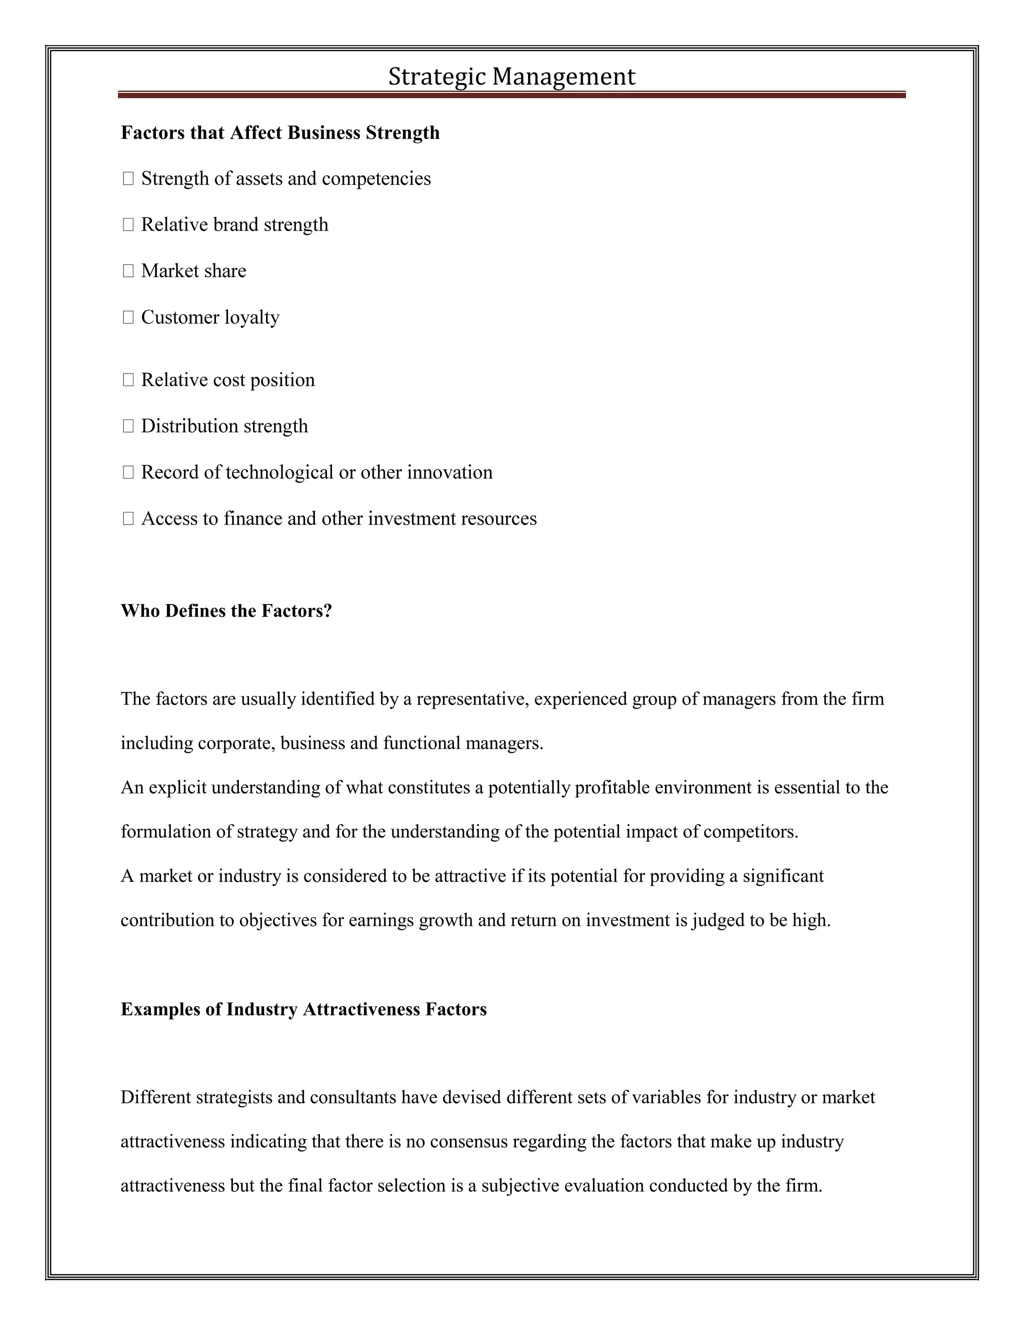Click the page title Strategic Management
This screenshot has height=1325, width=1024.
pos(511,77)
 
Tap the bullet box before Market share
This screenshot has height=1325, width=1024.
pos(128,271)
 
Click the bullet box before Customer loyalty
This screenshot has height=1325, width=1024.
pos(128,317)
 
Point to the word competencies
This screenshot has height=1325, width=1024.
pos(376,179)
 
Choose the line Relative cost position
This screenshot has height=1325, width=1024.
pos(227,380)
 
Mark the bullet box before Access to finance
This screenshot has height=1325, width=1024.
pos(128,518)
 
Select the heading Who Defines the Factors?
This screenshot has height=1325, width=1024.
pos(226,611)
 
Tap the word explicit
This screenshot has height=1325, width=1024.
pos(177,788)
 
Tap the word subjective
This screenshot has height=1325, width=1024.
pos(520,1185)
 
